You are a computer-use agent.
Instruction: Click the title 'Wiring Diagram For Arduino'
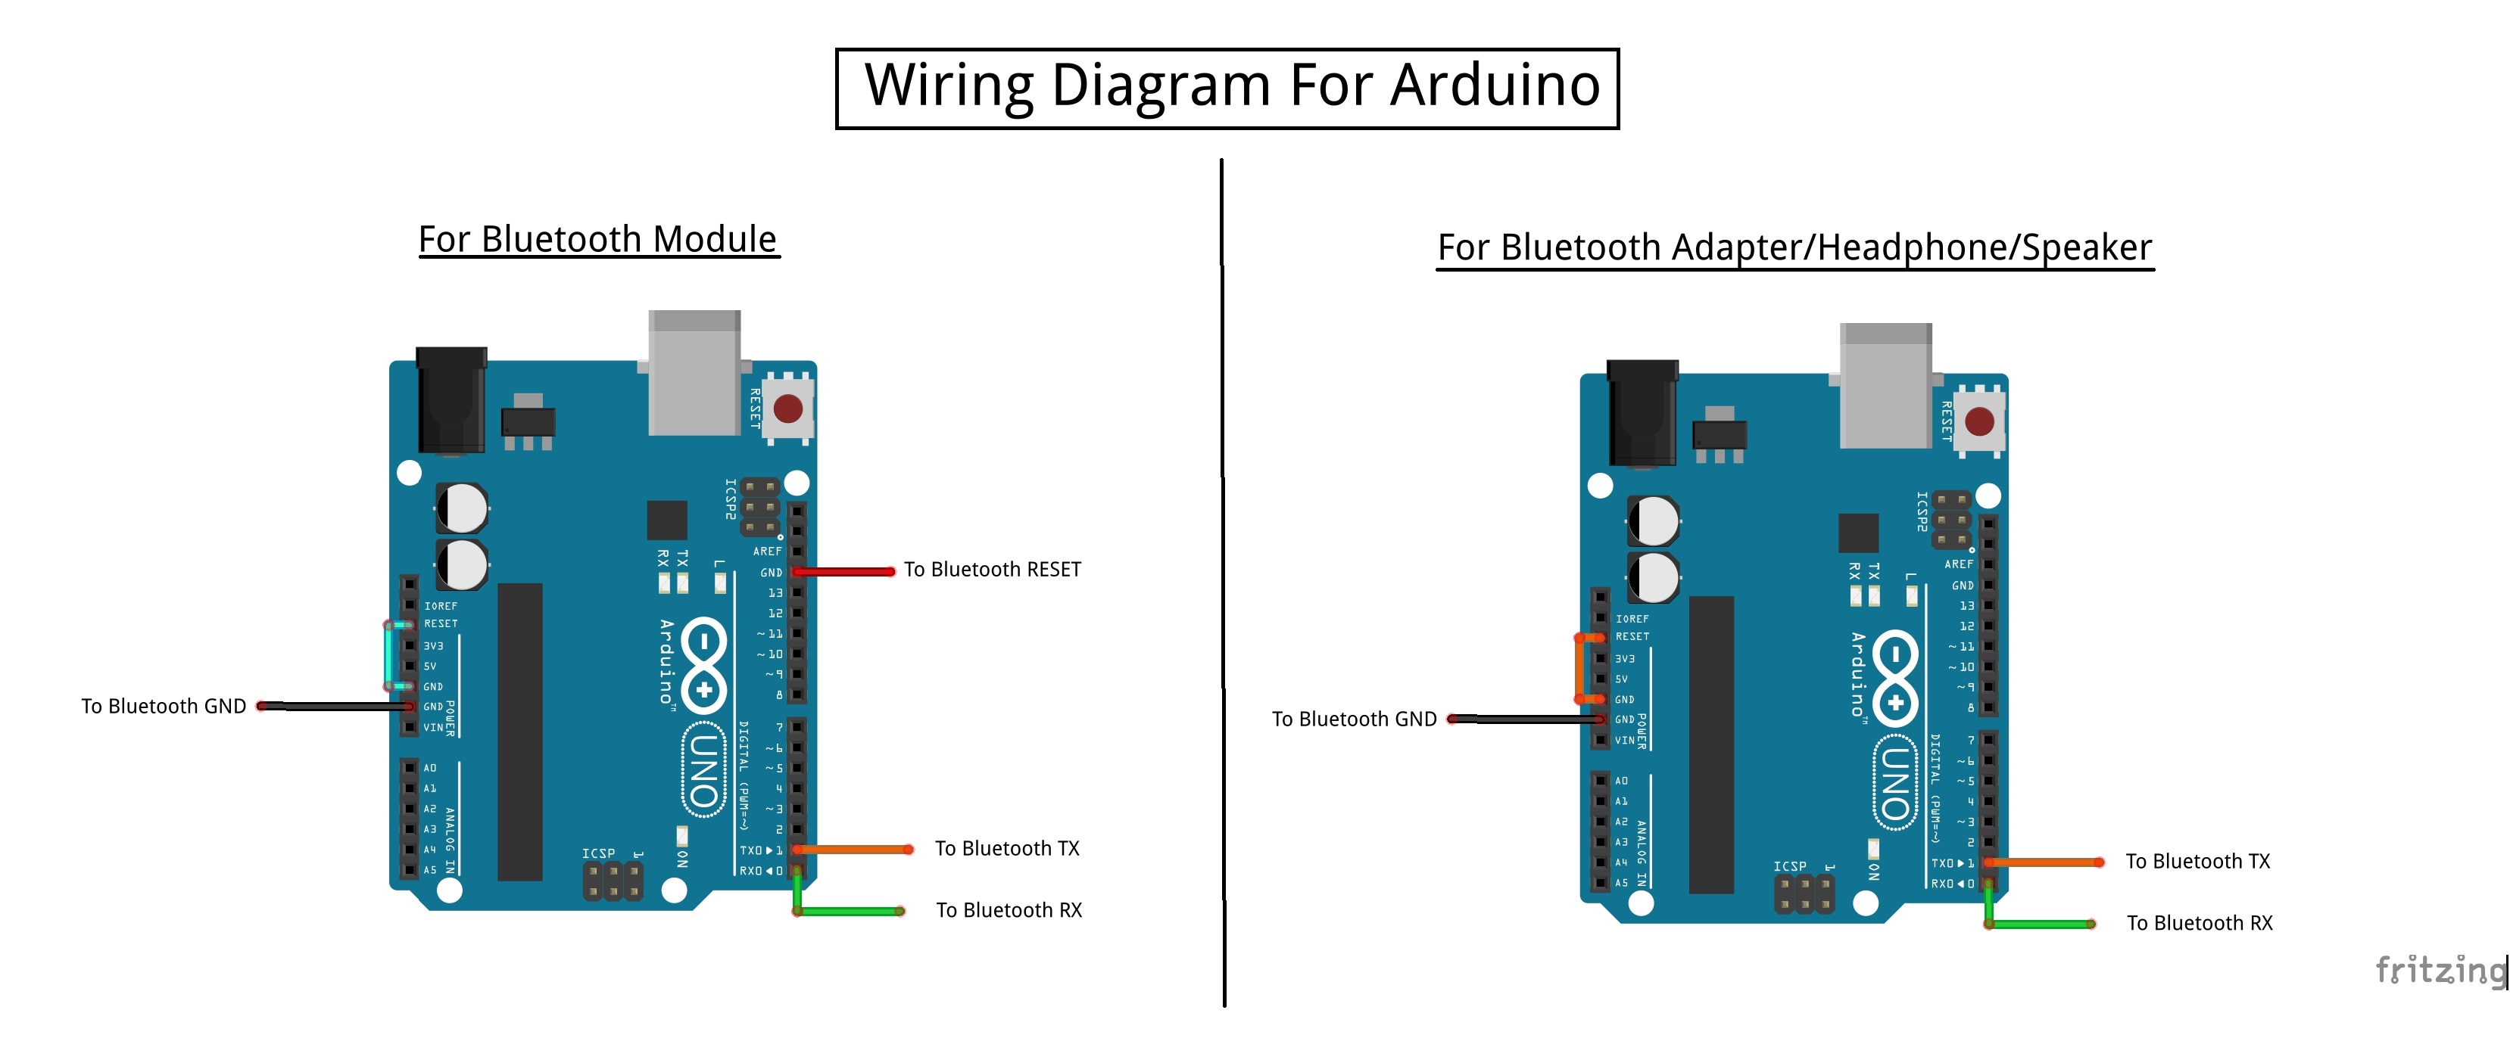[x=1232, y=85]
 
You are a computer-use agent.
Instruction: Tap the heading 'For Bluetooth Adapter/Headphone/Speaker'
[x=1794, y=247]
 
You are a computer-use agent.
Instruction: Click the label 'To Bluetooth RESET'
[x=992, y=570]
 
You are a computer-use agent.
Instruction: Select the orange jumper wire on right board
[x=1579, y=669]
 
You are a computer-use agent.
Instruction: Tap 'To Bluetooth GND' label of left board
[x=164, y=706]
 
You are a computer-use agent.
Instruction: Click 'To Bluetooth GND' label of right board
[x=1353, y=719]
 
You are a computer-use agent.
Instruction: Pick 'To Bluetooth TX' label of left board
[x=1006, y=848]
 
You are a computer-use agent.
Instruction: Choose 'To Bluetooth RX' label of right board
[x=2199, y=923]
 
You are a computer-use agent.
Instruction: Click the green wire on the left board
[x=848, y=912]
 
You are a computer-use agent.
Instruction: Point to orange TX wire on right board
[x=2041, y=862]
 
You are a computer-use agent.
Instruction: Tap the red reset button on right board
[x=1979, y=421]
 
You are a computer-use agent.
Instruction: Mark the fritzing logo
[x=2439, y=970]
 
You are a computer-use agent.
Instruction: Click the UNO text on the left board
[x=703, y=769]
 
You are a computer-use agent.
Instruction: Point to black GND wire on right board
[x=1525, y=719]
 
